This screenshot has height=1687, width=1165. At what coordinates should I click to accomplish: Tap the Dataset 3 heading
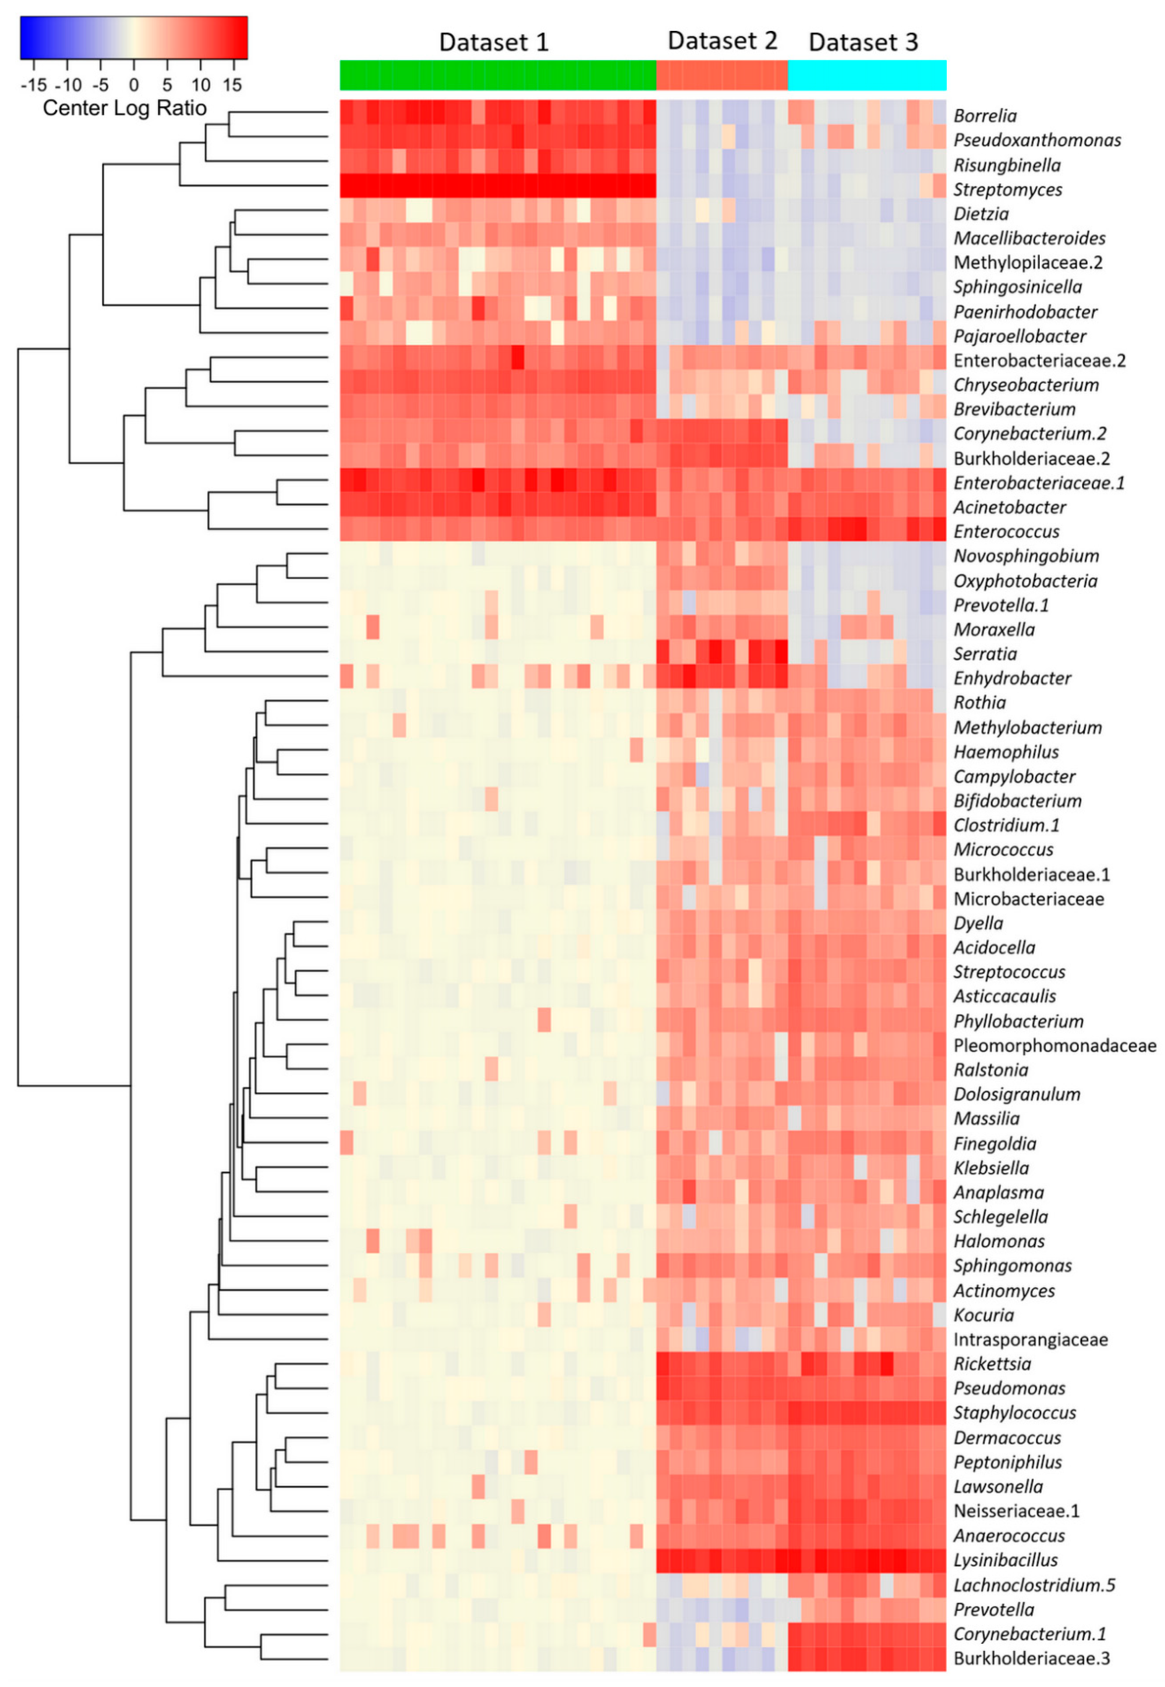click(863, 42)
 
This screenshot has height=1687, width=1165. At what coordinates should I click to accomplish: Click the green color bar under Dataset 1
click(498, 75)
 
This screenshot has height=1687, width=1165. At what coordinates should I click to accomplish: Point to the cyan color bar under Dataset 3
click(867, 75)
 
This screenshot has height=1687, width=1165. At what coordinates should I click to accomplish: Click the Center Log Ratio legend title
click(125, 108)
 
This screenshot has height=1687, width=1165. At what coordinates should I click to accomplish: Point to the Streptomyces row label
click(1007, 190)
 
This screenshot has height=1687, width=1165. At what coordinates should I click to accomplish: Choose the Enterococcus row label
click(1006, 531)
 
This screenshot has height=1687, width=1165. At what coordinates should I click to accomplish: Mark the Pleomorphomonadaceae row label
click(1054, 1046)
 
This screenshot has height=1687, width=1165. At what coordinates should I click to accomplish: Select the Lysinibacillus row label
click(1005, 1560)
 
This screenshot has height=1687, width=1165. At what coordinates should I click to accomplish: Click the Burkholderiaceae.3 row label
click(1031, 1658)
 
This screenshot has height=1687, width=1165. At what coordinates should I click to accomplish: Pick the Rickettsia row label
click(992, 1363)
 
